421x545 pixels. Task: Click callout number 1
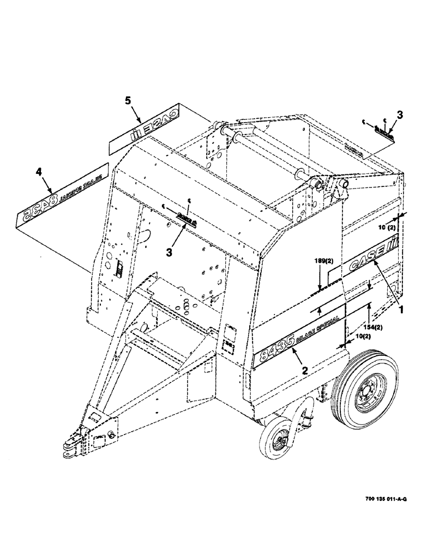[401, 308]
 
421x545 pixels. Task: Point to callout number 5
[127, 101]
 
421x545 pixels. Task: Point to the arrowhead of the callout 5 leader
[142, 122]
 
